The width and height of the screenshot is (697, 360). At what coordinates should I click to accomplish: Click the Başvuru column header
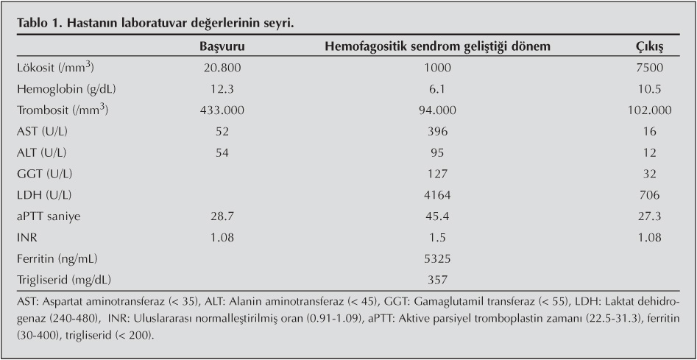tap(222, 46)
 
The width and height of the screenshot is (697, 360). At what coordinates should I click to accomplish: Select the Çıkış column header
tap(649, 46)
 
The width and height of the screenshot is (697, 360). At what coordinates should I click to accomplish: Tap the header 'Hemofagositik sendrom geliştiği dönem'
tap(438, 46)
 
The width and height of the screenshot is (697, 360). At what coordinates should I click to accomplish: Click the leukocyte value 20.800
tap(222, 68)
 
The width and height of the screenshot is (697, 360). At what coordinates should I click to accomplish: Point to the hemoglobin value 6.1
tap(438, 89)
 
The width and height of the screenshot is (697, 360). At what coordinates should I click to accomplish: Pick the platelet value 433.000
tap(222, 110)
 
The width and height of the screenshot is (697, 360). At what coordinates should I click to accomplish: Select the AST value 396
tap(438, 132)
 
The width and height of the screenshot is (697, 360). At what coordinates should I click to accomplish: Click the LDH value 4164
tap(438, 195)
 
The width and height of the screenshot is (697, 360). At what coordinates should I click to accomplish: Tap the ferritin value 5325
tap(438, 259)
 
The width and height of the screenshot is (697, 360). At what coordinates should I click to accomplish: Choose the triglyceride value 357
tap(438, 280)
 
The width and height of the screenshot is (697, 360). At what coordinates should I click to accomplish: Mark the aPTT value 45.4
tap(438, 216)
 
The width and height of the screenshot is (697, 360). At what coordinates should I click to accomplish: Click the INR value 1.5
tap(438, 238)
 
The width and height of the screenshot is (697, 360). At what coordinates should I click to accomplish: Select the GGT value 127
tap(438, 174)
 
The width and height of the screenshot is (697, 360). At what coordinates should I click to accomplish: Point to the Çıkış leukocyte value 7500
tap(649, 68)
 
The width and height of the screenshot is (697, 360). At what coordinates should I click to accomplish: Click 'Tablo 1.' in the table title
tap(38, 23)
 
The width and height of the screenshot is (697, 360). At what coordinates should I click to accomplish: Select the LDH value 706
tap(649, 195)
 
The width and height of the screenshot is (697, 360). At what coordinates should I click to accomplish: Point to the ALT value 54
tap(222, 153)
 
